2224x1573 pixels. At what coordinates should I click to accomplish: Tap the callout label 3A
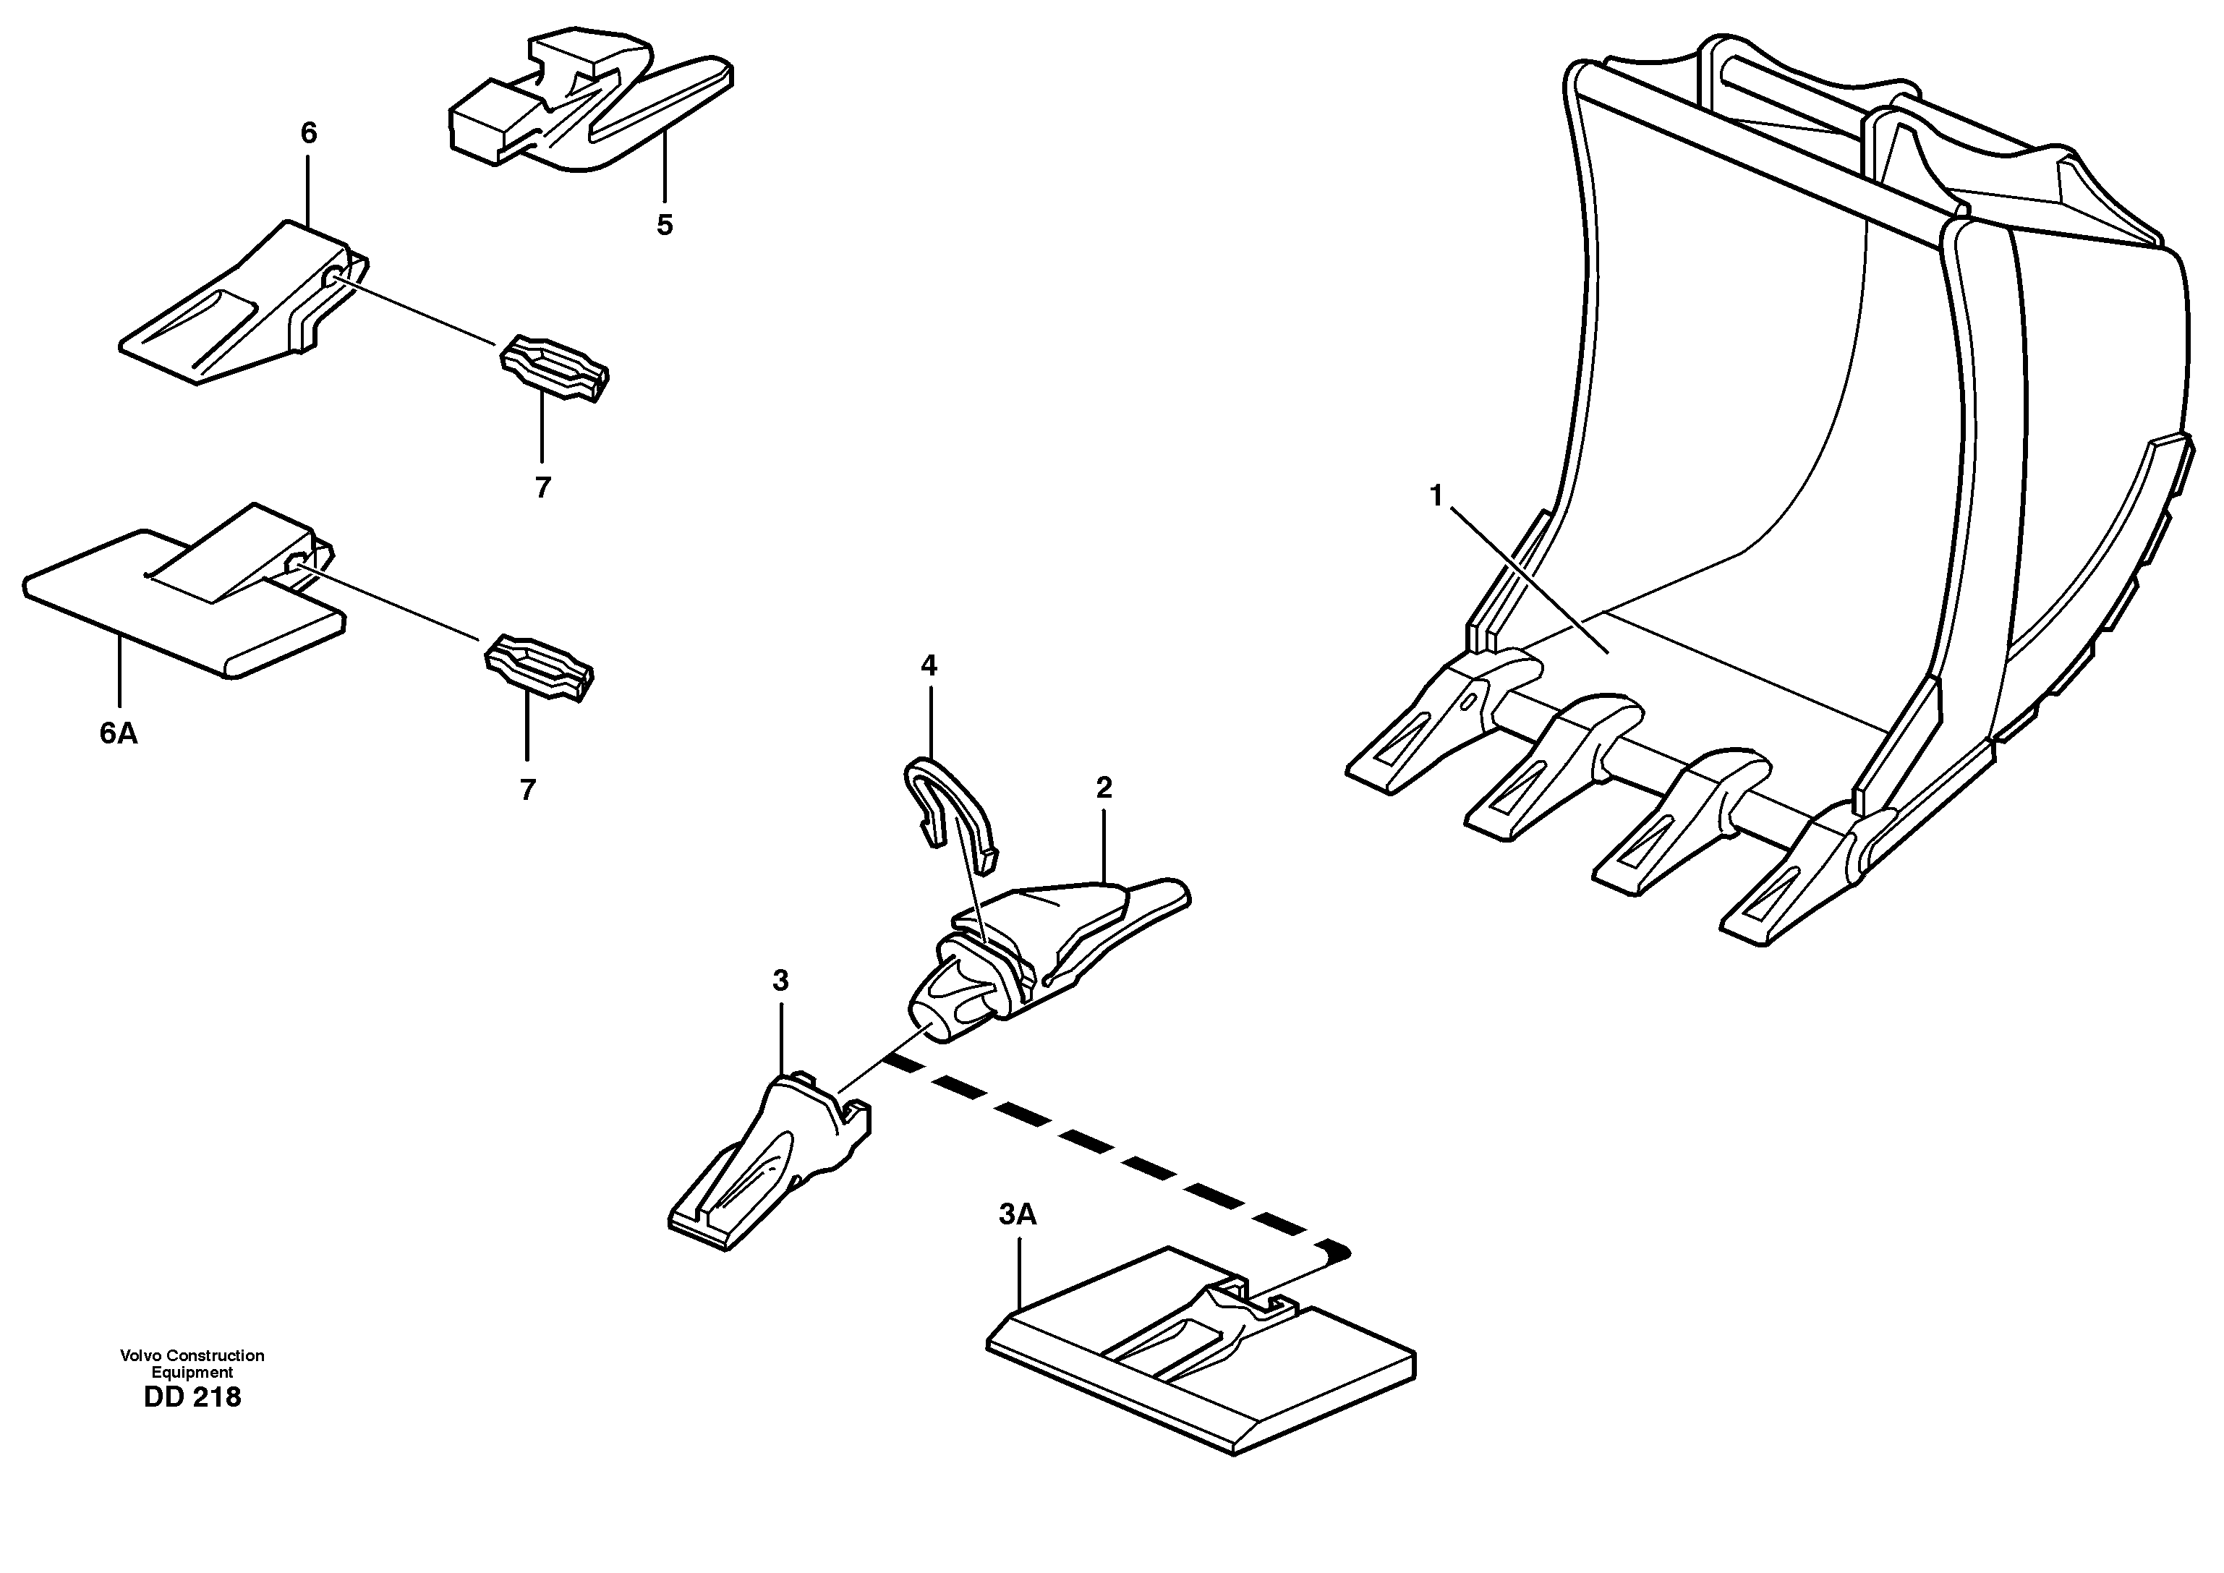point(1017,1214)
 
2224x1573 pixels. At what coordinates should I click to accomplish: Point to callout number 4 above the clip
point(928,665)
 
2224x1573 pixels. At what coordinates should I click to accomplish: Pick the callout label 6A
point(118,733)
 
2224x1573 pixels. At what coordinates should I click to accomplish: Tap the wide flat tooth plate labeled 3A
point(1201,1356)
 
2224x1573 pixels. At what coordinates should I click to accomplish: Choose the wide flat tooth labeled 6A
point(184,600)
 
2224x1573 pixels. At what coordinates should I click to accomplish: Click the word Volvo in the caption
point(137,1355)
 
